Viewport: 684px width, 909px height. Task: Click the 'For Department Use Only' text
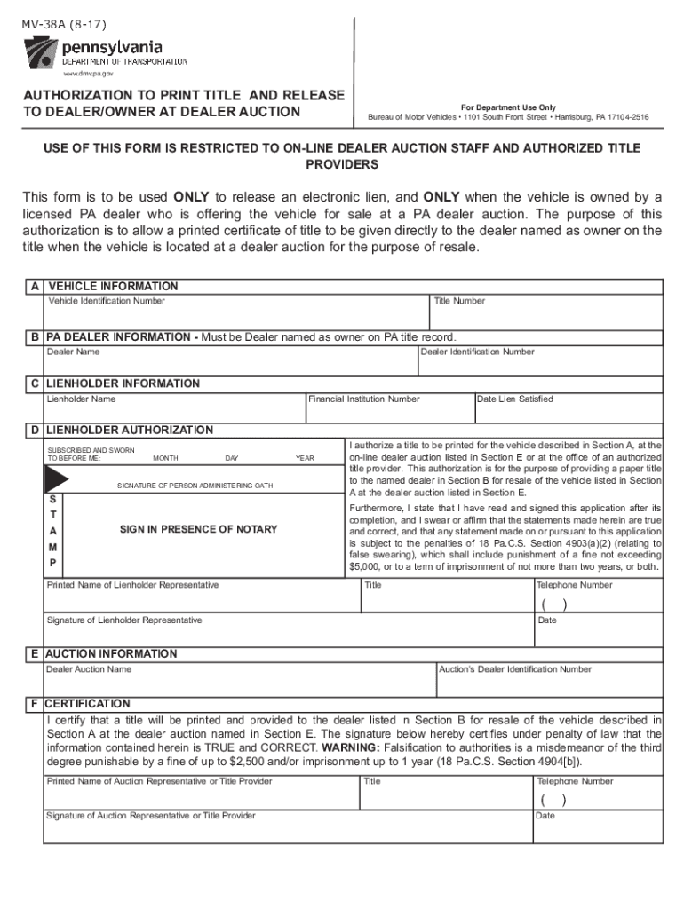point(508,107)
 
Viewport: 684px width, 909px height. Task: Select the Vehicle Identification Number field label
point(106,301)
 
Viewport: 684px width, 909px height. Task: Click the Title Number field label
point(459,301)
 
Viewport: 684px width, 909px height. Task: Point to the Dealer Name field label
point(73,352)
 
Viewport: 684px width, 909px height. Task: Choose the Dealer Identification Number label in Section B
point(477,352)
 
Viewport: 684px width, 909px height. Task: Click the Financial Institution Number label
point(363,399)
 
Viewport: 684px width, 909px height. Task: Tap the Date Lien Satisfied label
point(514,399)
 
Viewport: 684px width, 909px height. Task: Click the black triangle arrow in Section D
point(56,479)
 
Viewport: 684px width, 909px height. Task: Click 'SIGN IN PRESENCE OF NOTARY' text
point(198,529)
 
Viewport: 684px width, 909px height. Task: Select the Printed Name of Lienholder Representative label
point(132,585)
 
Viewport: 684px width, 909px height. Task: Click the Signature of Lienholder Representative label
point(124,620)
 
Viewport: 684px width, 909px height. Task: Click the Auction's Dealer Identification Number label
point(515,668)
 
